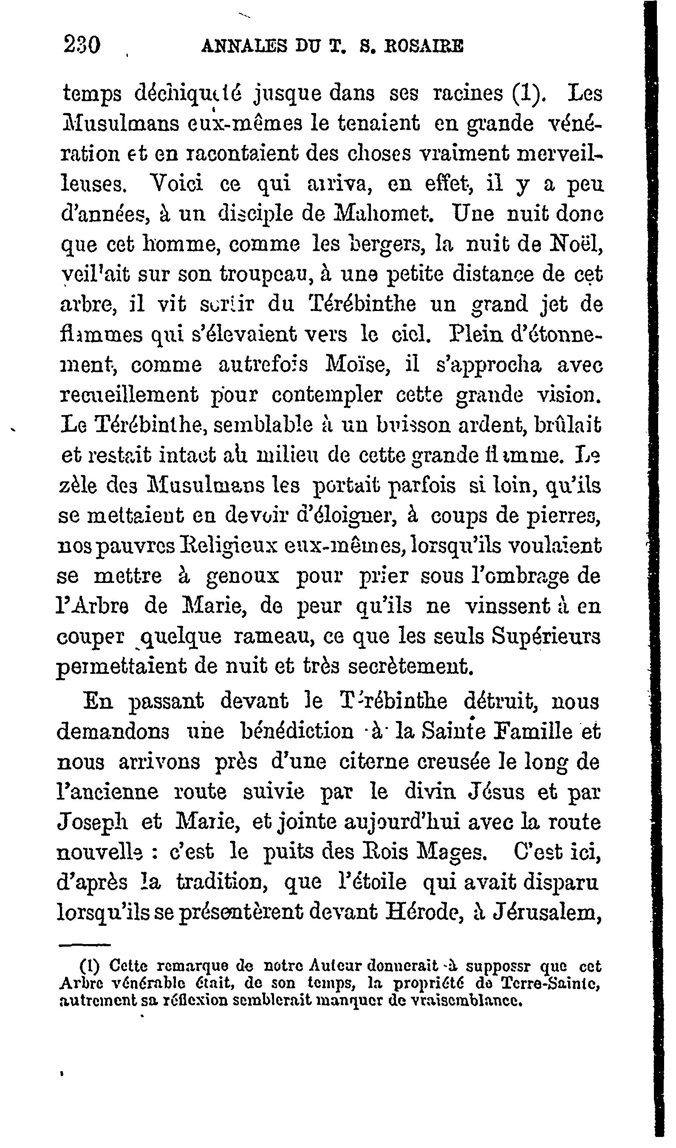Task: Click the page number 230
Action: (x=82, y=46)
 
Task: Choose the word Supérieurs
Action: (x=551, y=637)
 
